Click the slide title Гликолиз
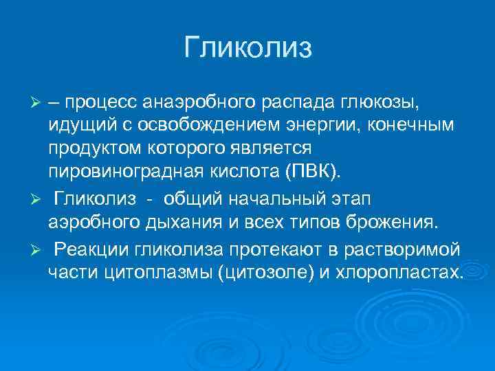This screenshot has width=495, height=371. (x=247, y=48)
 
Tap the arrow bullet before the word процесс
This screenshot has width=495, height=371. (x=38, y=104)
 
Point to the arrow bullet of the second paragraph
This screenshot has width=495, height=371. (x=38, y=200)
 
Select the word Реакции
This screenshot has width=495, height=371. (x=93, y=249)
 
